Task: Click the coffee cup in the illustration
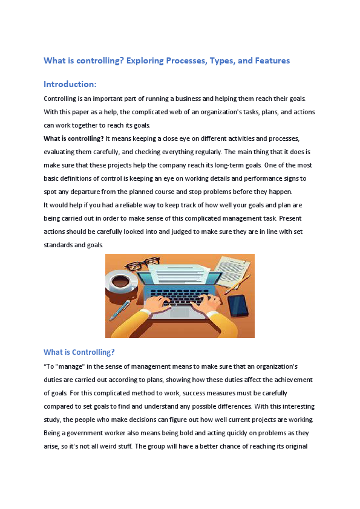[120, 282]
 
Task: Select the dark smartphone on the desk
[238, 305]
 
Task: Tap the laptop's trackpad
[180, 312]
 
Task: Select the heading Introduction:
[70, 84]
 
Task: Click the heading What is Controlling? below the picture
[79, 352]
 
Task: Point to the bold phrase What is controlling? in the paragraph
[74, 138]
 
